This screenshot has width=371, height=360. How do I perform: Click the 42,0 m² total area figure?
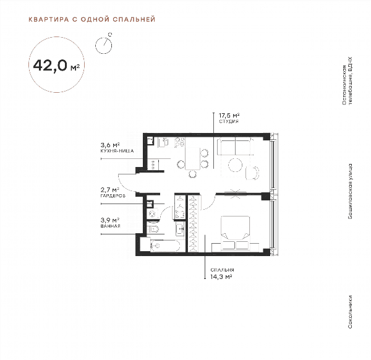[x=56, y=66]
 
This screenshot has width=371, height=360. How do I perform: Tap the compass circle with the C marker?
[x=103, y=45]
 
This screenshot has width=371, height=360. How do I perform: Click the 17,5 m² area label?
[x=229, y=116]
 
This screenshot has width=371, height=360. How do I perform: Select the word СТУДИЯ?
[x=229, y=121]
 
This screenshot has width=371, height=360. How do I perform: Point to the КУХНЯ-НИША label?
[x=117, y=151]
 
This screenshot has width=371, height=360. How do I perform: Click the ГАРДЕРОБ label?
[x=113, y=196]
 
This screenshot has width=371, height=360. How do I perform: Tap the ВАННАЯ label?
[x=110, y=226]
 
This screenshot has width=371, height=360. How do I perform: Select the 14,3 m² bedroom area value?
[x=221, y=276]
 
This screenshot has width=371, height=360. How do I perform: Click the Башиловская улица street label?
[x=350, y=191]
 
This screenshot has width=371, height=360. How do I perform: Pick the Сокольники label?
[x=350, y=312]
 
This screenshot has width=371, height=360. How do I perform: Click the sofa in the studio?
[x=235, y=146]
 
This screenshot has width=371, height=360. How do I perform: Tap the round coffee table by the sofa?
[x=235, y=165]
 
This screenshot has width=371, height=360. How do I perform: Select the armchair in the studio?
[x=252, y=173]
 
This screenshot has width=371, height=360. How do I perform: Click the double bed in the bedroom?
[x=235, y=232]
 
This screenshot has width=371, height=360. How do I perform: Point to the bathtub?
[x=165, y=246]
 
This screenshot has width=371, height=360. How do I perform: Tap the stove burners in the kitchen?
[x=179, y=142]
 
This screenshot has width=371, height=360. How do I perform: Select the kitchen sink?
[x=163, y=142]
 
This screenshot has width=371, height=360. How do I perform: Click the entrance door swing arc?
[x=125, y=184]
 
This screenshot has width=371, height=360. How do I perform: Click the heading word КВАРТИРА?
[x=49, y=19]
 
